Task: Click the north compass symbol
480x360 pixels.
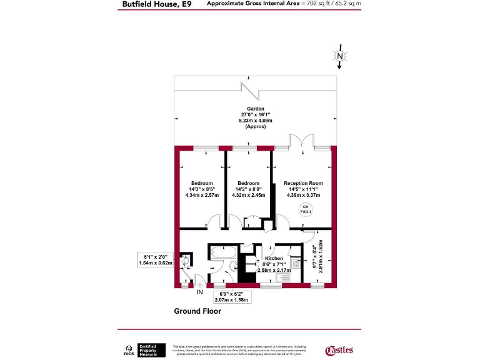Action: [339, 57]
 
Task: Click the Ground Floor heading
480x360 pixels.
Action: [197, 311]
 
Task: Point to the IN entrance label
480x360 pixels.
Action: [200, 292]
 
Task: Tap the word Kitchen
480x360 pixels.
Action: [274, 258]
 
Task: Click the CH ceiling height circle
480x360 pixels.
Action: [306, 210]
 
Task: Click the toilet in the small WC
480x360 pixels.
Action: [185, 262]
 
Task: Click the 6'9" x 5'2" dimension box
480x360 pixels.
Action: [231, 297]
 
